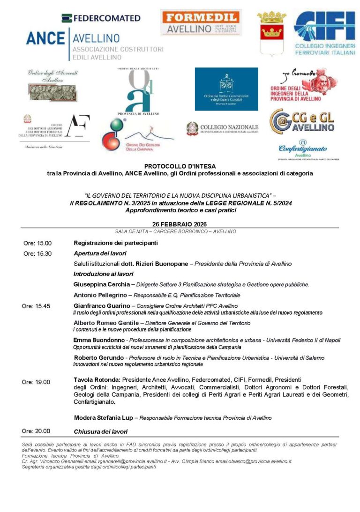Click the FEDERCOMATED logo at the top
tap(101, 18)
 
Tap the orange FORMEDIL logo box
tap(201, 22)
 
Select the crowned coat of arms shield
tap(271, 34)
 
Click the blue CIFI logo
tap(324, 33)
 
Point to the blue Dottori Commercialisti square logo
tap(226, 89)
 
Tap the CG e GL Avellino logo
tap(302, 121)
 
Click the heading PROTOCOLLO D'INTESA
tap(180, 166)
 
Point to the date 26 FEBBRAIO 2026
tap(180, 224)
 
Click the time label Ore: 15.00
tap(37, 243)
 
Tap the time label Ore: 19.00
tap(36, 382)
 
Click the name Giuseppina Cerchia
tap(102, 284)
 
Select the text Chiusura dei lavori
tap(100, 431)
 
